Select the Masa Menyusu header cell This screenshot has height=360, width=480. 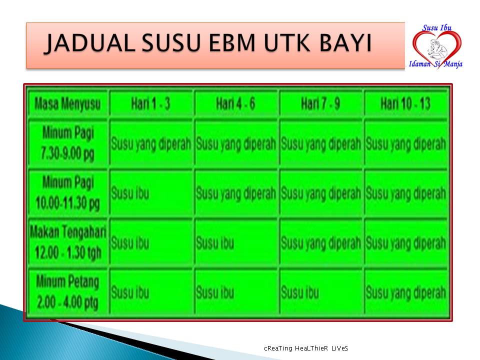67,104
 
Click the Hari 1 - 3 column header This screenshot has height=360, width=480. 150,104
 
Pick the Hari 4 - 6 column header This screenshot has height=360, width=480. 235,104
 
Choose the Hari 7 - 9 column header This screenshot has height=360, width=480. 320,104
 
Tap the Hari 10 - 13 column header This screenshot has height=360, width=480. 405,104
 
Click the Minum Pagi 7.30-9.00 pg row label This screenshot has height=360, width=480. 68,144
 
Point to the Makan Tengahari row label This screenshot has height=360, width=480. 68,242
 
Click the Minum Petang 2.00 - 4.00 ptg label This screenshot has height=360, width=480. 68,291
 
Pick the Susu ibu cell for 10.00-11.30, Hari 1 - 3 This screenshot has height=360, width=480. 150,193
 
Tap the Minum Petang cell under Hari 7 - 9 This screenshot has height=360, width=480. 320,292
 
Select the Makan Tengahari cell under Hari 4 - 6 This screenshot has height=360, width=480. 235,243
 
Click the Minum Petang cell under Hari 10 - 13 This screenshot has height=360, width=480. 405,292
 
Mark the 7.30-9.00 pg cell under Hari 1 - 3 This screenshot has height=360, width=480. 150,144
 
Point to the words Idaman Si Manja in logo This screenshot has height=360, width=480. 435,64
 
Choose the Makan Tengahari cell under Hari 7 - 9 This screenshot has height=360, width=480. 320,243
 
